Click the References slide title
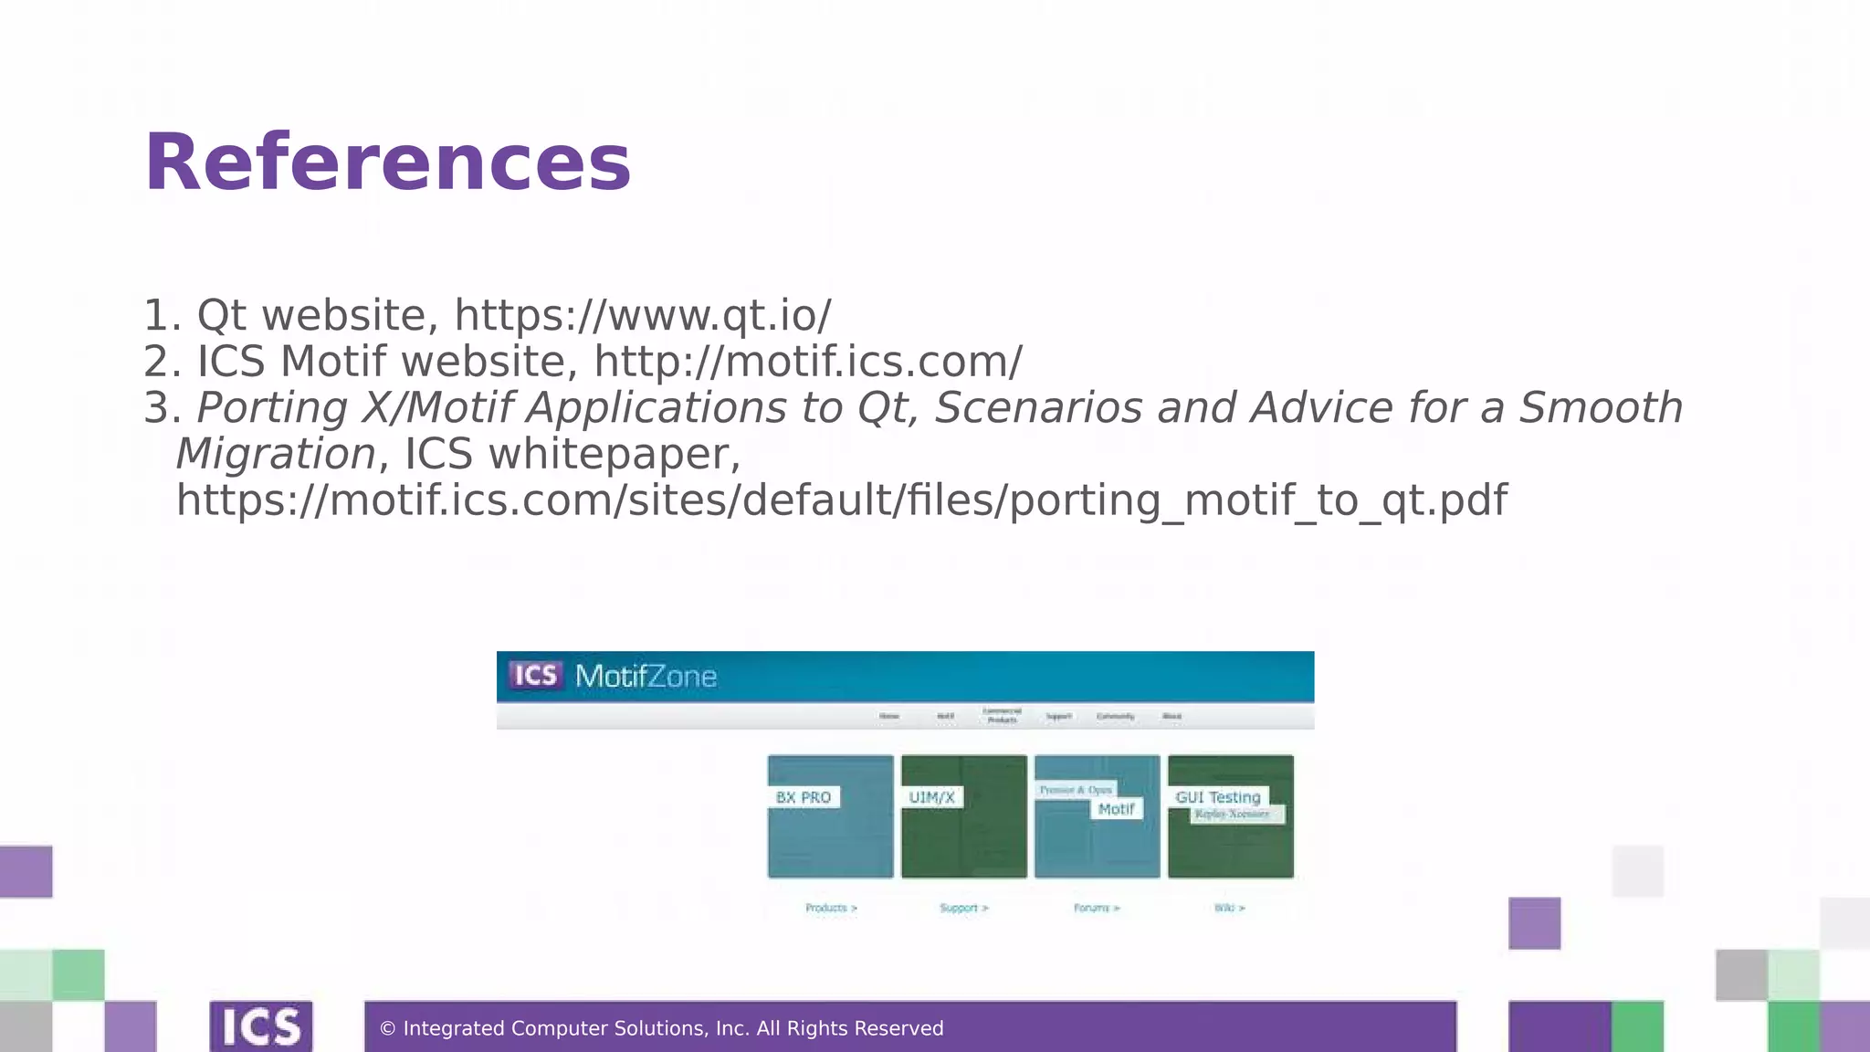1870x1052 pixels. [387, 163]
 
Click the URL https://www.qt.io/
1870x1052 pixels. [643, 316]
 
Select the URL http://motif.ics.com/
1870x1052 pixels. [808, 362]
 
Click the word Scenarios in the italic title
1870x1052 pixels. [1038, 408]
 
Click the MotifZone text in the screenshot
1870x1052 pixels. [646, 677]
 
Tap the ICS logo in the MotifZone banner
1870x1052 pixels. [535, 676]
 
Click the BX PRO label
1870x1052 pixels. [804, 797]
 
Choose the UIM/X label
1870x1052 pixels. [931, 797]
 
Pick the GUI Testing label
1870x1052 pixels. [1217, 797]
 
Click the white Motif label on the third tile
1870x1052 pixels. [1116, 809]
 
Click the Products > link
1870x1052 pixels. [831, 908]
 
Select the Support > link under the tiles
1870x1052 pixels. [963, 908]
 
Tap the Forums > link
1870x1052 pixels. [1097, 908]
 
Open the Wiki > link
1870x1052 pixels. [1229, 908]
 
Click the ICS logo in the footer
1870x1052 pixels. [261, 1026]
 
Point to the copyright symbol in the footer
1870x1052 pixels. [387, 1029]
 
